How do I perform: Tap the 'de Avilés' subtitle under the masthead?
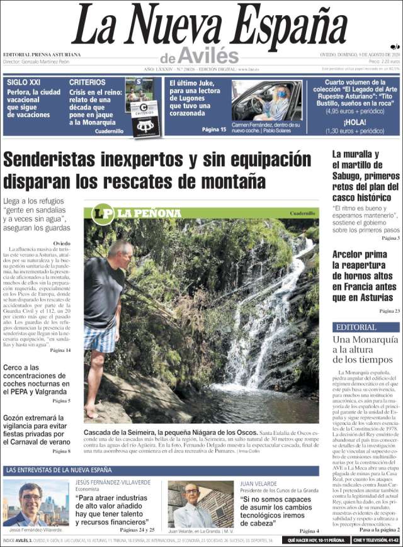199,55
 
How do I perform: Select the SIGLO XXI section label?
23,82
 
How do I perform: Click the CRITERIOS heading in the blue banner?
87,82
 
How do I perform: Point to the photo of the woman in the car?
266,101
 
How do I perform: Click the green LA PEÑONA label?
149,213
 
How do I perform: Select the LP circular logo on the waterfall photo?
103,214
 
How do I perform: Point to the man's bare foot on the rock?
92,413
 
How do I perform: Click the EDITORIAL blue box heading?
356,327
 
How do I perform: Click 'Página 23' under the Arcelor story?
389,311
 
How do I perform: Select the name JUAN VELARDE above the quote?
260,483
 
